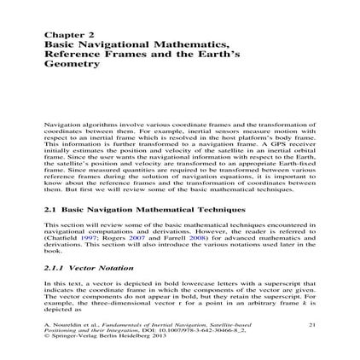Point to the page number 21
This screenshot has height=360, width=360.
311,324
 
